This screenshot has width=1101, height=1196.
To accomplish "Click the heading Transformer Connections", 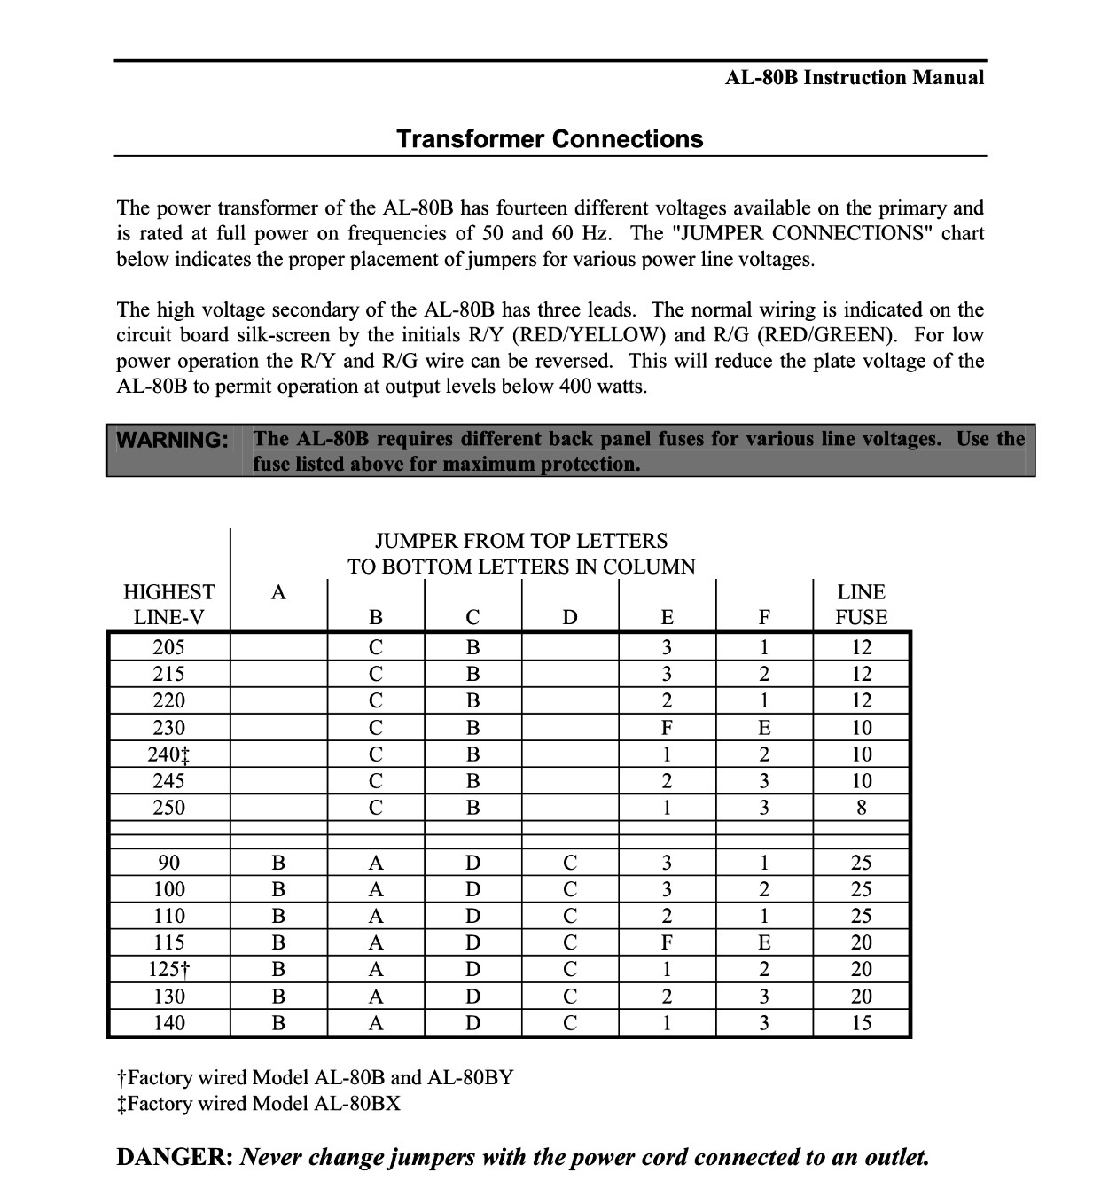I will click(x=550, y=139).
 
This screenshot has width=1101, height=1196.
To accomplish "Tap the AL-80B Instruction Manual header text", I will click(x=854, y=78).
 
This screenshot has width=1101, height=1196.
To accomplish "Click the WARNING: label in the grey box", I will click(x=173, y=440).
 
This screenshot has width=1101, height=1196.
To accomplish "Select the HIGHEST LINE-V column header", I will click(x=168, y=605).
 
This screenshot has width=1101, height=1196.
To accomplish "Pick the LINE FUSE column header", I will click(x=861, y=605).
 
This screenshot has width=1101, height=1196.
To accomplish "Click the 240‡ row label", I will click(x=168, y=754).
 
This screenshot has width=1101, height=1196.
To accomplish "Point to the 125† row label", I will click(x=168, y=969).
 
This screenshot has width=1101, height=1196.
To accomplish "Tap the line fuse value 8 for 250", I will click(x=861, y=808).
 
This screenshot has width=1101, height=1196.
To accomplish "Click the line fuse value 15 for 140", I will click(x=861, y=1023).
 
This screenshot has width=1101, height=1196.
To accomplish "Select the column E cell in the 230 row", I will click(x=667, y=728).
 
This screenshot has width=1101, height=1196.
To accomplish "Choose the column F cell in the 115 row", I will click(x=764, y=942).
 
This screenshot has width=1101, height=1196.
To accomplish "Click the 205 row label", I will click(x=168, y=647).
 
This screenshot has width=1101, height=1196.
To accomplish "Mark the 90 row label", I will click(x=168, y=863).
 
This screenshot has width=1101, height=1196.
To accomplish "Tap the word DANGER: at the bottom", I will click(x=175, y=1157).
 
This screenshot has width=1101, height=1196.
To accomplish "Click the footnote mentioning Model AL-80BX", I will click(x=259, y=1104).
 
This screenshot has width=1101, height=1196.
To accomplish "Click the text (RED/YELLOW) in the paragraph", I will click(x=590, y=335).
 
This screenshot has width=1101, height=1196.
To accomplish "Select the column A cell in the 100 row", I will click(x=278, y=889).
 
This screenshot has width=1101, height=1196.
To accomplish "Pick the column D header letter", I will click(x=570, y=617).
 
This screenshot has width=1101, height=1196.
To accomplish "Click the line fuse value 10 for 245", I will click(x=861, y=781).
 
